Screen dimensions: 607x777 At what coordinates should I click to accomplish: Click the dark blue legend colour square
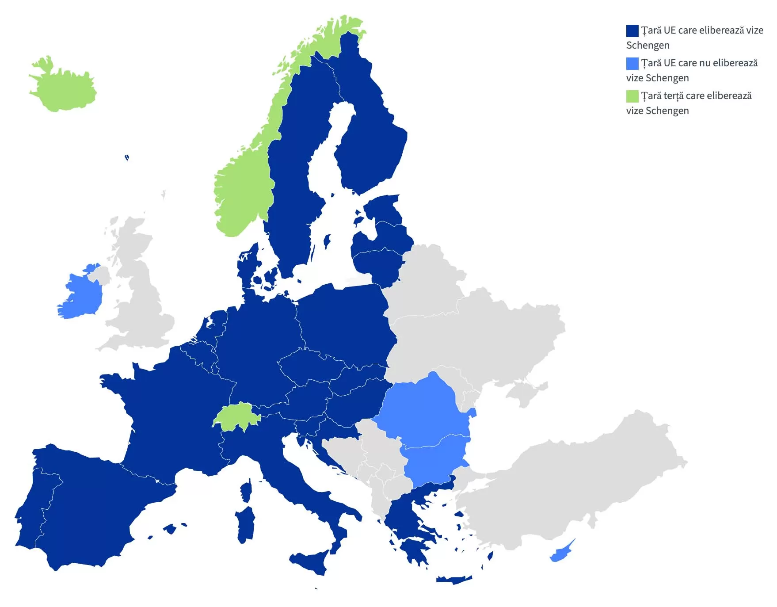(x=632, y=31)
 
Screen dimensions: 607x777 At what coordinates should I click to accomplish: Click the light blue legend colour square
(x=632, y=64)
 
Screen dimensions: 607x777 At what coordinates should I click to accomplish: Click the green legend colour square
(x=632, y=96)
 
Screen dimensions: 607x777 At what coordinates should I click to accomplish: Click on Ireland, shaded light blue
(x=82, y=296)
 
